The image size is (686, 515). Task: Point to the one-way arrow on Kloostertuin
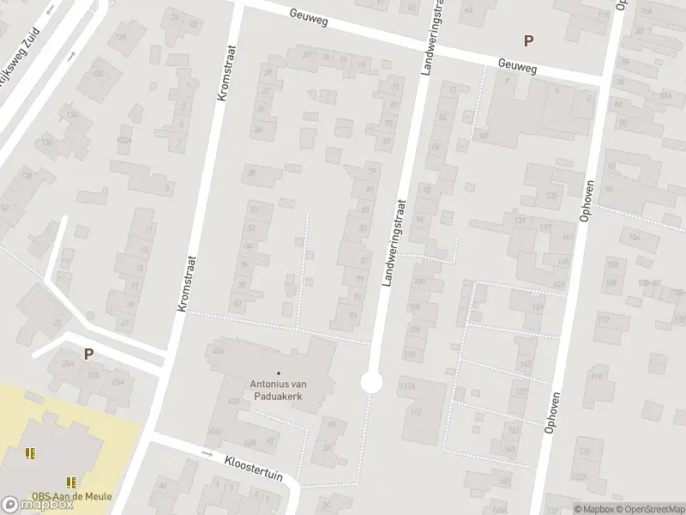207,453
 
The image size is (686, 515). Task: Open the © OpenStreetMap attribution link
650,509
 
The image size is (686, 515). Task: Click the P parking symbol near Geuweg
528,39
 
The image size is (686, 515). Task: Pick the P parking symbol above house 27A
87,353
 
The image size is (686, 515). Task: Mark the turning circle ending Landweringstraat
371,382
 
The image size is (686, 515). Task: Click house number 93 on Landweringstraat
353,315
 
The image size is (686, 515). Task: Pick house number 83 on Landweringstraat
366,209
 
